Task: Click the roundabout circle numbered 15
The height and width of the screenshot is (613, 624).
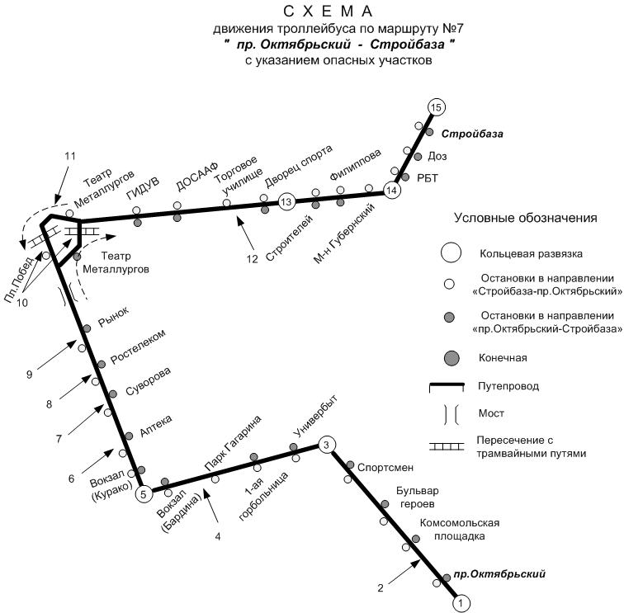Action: click(x=437, y=107)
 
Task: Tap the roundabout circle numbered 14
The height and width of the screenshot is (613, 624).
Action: click(x=391, y=191)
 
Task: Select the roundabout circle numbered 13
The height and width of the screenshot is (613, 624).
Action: click(x=286, y=201)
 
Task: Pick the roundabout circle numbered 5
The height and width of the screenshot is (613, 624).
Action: click(x=144, y=494)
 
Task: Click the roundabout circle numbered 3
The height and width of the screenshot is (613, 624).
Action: click(x=327, y=446)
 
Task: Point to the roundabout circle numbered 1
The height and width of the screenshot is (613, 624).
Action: click(x=462, y=603)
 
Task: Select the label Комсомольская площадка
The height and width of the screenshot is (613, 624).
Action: click(x=460, y=529)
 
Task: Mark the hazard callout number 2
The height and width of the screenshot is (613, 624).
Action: click(x=381, y=588)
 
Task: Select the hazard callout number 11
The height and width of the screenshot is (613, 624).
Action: click(x=69, y=155)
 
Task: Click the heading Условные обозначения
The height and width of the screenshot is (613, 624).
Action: click(x=525, y=219)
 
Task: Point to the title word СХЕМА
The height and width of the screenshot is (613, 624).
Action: click(x=328, y=12)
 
